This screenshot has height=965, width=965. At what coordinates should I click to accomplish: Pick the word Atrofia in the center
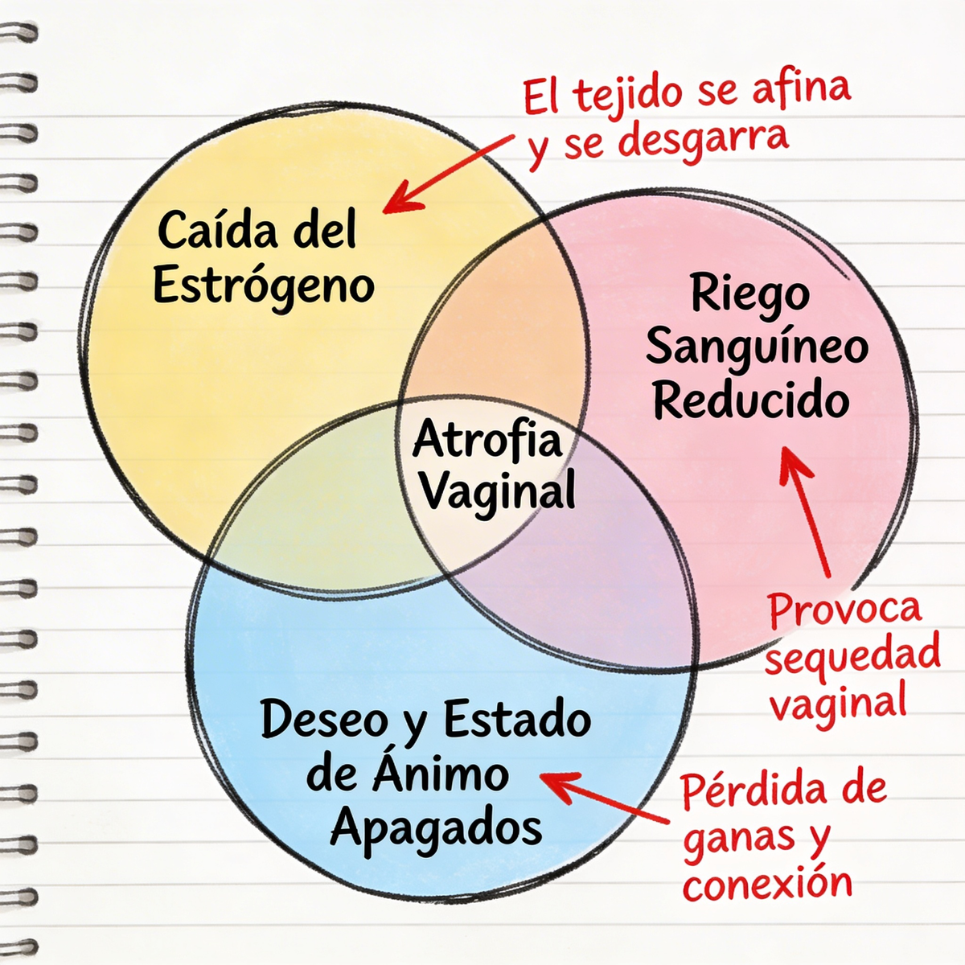[487, 439]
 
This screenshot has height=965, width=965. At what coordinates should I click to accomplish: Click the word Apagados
[435, 829]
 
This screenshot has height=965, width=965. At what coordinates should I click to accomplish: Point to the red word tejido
[628, 96]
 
